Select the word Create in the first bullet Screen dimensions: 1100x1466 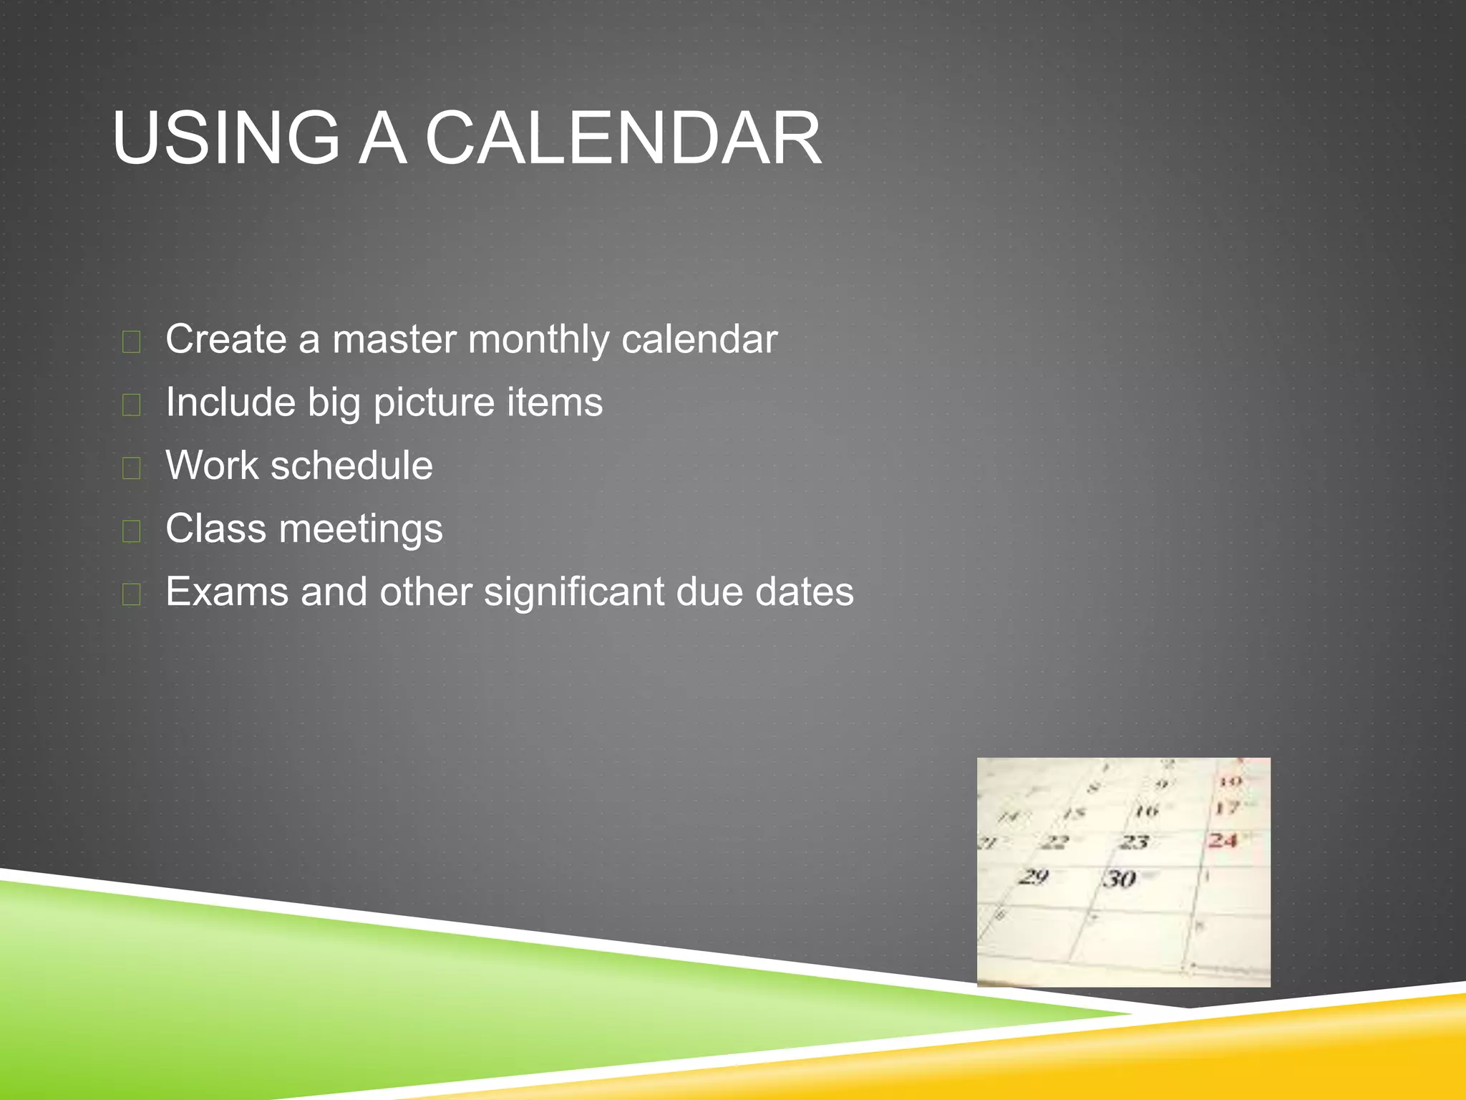point(226,339)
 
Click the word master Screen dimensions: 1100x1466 point(394,339)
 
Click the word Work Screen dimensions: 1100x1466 point(211,465)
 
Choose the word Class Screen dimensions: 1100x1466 point(216,529)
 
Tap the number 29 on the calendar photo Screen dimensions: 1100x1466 point(1033,876)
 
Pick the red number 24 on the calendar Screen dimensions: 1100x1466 point(1223,840)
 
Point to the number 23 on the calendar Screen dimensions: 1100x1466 point(1134,842)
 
